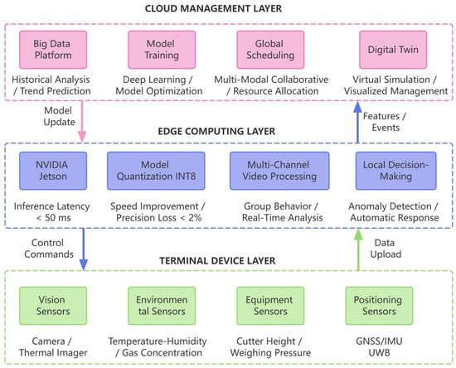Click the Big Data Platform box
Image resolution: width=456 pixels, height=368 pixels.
pos(53,50)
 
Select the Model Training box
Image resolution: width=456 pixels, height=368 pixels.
pos(162,50)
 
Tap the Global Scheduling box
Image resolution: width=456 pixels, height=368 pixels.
pos(270,50)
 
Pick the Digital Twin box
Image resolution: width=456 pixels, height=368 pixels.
pos(393,50)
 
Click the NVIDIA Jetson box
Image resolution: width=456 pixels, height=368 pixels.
pos(53,171)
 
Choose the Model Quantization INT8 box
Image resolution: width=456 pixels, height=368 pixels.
pos(156,171)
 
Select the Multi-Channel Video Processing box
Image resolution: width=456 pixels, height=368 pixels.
pos(279,171)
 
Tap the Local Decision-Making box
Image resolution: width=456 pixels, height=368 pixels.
pos(395,171)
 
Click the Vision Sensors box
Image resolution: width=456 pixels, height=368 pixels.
pos(53,306)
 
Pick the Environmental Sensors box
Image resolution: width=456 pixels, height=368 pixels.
pos(162,306)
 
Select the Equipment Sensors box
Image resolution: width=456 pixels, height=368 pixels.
pos(270,306)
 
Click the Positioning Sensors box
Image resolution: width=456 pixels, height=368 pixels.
pos(379,306)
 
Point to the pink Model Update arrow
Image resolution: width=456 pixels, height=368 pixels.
pos(82,122)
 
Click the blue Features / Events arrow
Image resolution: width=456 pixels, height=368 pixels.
pos(357,122)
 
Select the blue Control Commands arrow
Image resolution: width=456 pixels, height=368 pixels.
pos(84,249)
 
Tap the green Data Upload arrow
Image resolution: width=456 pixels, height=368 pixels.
pos(358,249)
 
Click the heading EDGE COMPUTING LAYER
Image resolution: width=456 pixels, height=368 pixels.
pos(216,132)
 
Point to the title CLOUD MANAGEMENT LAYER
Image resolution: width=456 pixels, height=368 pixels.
pos(213,8)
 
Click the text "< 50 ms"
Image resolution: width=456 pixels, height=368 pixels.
pos(53,218)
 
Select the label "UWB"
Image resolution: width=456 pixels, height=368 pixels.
pos(379,352)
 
